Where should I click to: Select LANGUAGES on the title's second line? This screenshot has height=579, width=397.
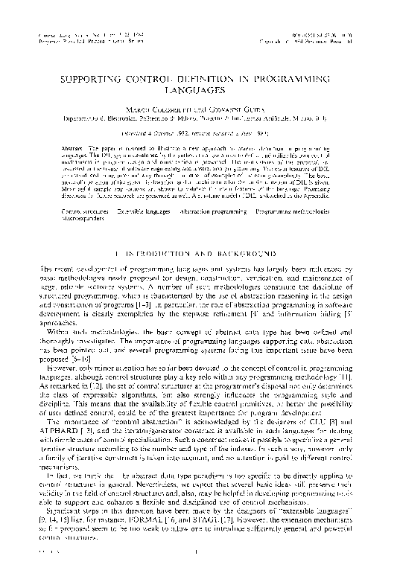click(199, 90)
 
